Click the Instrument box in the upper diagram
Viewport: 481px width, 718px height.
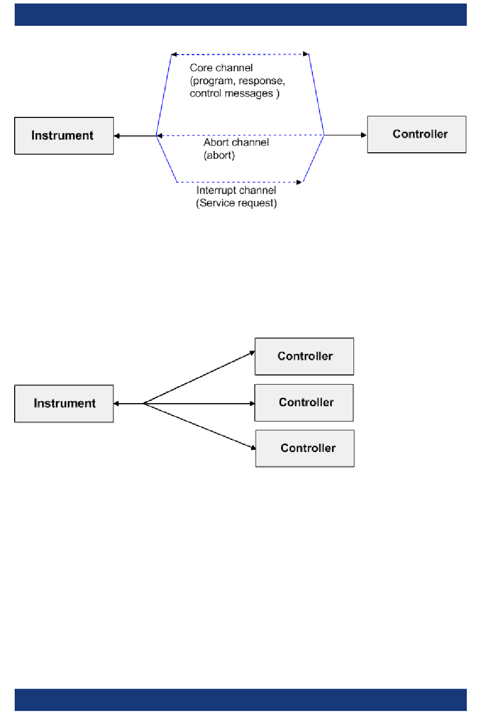[64, 136]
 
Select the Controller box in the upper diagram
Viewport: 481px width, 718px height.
[417, 135]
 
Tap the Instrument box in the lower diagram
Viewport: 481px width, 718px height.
[64, 404]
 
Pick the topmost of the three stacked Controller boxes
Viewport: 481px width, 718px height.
[304, 356]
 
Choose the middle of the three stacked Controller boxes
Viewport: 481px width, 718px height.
[304, 403]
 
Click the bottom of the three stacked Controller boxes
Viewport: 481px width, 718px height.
[305, 448]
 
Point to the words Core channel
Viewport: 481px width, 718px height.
[221, 68]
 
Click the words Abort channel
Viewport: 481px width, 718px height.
[236, 142]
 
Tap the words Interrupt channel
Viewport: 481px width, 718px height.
[236, 190]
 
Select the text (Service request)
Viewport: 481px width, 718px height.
[236, 203]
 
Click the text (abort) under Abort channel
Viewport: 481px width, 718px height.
[219, 155]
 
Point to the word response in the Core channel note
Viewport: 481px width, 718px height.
[261, 81]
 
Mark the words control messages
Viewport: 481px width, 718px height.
[231, 93]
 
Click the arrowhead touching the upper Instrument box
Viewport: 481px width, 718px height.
[117, 136]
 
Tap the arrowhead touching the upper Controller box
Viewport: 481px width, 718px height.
[364, 135]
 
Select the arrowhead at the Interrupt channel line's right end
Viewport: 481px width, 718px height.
[299, 182]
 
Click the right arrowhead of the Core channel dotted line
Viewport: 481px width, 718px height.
[306, 54]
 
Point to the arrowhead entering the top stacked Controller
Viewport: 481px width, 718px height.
[252, 353]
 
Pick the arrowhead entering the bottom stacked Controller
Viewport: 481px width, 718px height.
[253, 447]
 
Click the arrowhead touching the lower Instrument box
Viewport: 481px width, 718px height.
[117, 404]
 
